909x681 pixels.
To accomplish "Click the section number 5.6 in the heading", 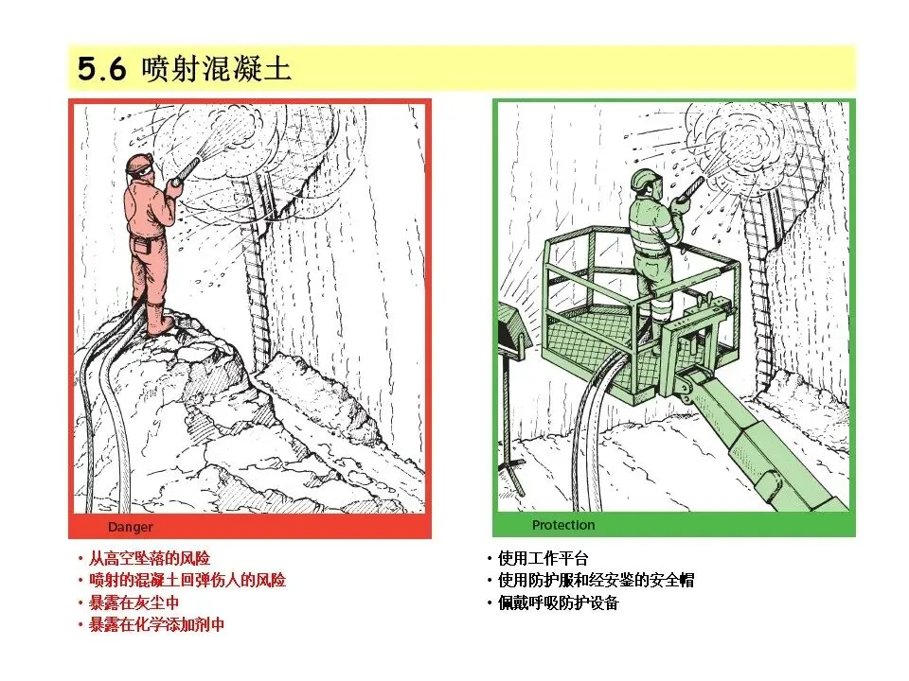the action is tap(102, 69).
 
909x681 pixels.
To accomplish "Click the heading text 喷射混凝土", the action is tap(216, 69).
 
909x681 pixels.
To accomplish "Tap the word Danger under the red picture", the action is tap(131, 527).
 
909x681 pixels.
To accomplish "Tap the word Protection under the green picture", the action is tap(563, 525).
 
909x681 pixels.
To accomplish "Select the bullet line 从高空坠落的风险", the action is tap(149, 559).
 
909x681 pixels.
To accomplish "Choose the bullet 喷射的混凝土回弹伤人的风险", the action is tap(187, 580).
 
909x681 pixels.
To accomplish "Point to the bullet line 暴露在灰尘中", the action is tap(134, 602).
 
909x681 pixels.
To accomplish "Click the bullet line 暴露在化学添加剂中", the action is tap(156, 625).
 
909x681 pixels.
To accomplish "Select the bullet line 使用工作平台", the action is tap(544, 559).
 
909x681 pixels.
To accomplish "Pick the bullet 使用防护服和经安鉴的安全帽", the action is tap(596, 580).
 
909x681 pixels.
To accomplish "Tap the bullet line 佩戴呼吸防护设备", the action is tap(559, 602).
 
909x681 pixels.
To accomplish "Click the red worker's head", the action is tap(141, 167).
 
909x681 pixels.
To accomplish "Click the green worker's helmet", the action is tap(643, 180).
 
